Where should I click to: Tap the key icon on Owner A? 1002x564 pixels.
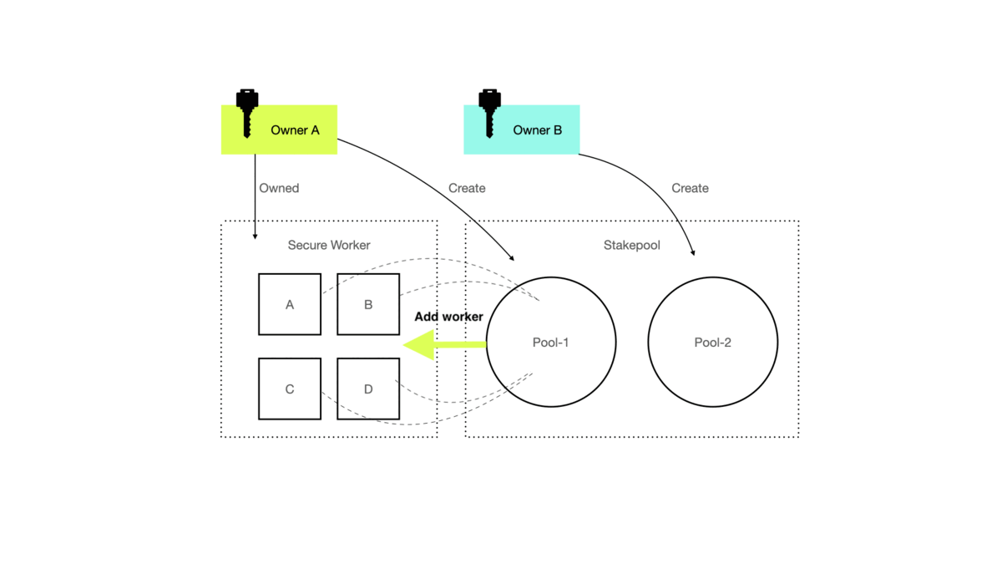coord(246,111)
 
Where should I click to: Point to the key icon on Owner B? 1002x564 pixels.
coord(488,111)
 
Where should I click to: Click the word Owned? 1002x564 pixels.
coord(279,188)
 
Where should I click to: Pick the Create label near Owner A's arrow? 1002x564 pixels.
coord(467,188)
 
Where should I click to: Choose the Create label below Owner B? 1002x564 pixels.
coord(690,188)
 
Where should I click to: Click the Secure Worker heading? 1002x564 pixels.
coord(329,245)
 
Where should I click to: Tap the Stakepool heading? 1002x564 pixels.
coord(632,245)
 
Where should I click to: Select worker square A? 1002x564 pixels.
coord(290,304)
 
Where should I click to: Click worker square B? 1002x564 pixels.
coord(368,304)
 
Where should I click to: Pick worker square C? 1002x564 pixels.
coord(290,389)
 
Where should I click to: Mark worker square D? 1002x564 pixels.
coord(368,389)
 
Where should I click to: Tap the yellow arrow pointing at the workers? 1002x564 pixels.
coord(443,344)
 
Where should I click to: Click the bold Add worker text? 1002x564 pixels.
coord(448,317)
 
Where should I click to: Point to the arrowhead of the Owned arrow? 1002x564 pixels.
coord(255,237)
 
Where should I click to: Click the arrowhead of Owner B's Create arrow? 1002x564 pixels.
coord(692,252)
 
